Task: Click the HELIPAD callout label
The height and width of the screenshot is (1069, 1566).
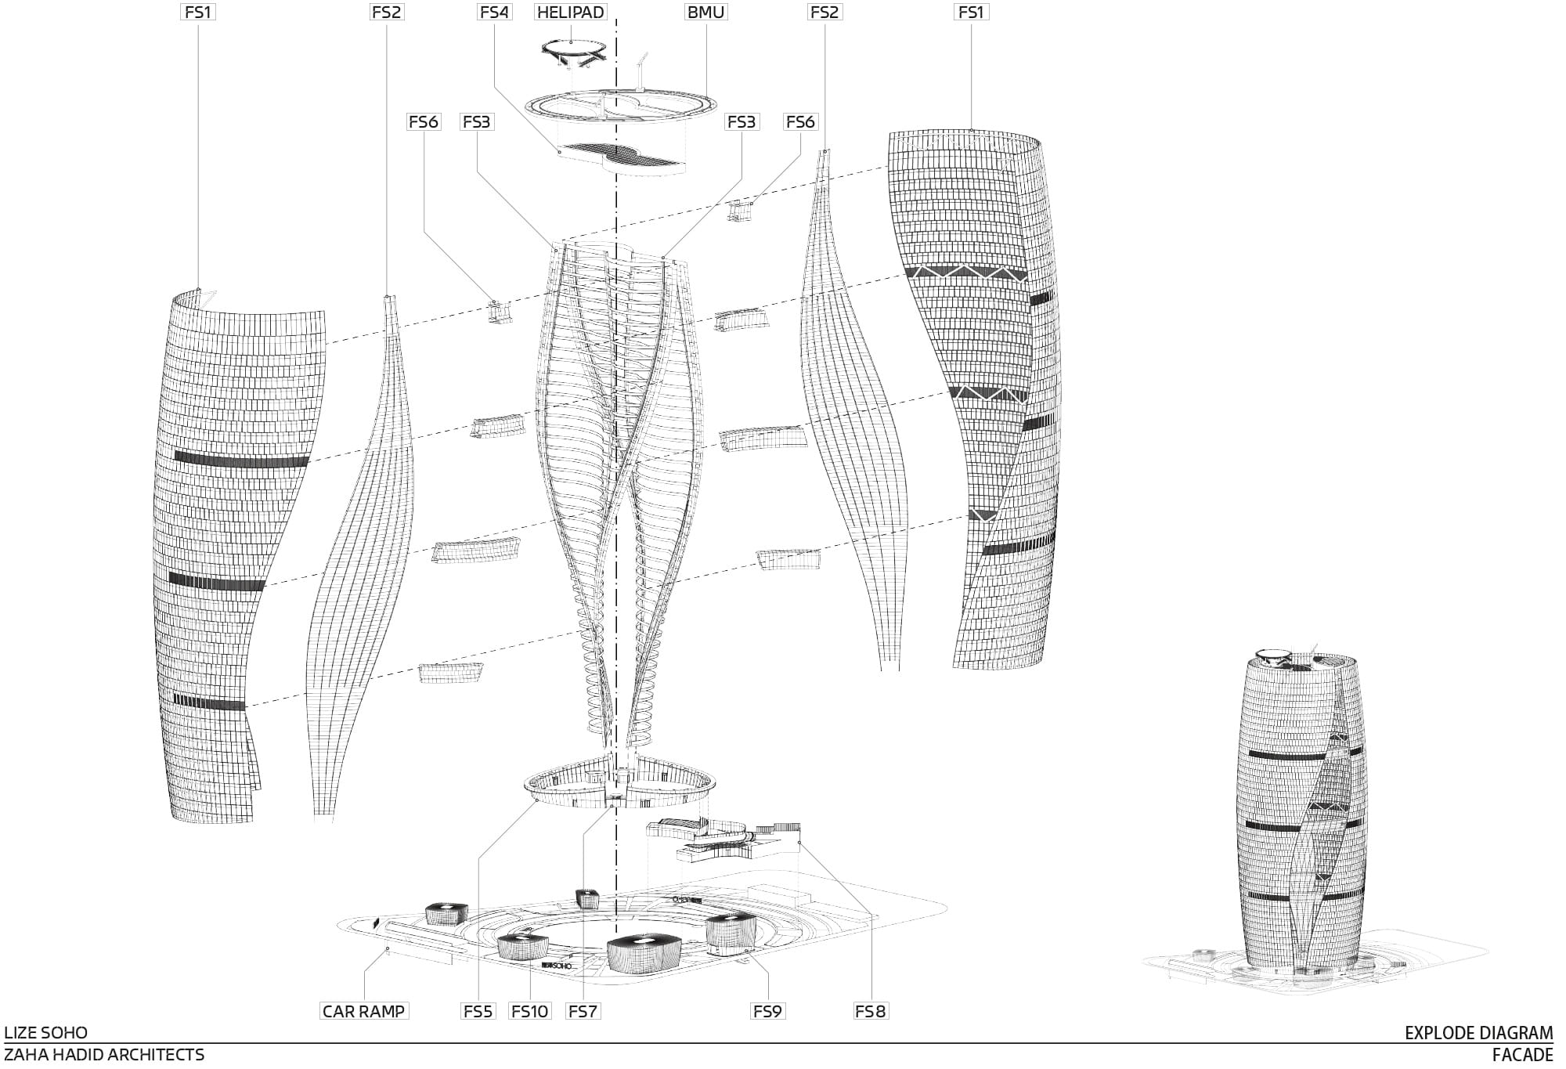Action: [x=571, y=13]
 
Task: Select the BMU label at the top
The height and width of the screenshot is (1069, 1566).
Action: [x=705, y=13]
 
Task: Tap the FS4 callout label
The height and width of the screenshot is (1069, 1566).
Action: [x=494, y=13]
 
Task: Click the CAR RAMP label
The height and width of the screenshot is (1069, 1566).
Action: [x=364, y=1011]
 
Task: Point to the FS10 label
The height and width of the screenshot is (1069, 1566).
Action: [x=529, y=1011]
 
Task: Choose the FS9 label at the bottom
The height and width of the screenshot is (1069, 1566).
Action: [x=767, y=1011]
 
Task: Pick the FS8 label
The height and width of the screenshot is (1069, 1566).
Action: [x=871, y=1011]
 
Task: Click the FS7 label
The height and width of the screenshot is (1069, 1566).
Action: [x=583, y=1011]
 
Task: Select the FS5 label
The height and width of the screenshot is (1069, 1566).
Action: [x=478, y=1011]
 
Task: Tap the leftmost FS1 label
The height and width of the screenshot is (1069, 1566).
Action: [x=198, y=13]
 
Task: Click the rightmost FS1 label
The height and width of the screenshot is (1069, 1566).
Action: [x=971, y=13]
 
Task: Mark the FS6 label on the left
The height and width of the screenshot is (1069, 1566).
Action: [x=424, y=122]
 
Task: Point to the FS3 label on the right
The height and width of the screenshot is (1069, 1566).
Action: [x=741, y=122]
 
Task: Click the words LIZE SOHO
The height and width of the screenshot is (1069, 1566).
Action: [x=46, y=1032]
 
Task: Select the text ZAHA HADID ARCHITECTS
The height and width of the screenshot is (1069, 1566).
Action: [x=104, y=1055]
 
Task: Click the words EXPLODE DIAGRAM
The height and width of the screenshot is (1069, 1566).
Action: [x=1478, y=1032]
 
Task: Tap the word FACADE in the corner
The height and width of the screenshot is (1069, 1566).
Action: [x=1522, y=1055]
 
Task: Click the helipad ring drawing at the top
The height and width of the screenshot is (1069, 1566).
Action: [x=574, y=50]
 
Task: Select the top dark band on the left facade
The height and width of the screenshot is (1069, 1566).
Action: [x=241, y=460]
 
